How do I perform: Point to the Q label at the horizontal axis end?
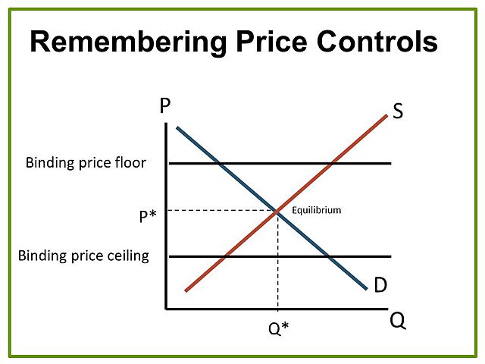(x=398, y=321)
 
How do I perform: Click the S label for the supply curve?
(x=398, y=112)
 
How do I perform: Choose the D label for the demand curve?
(x=381, y=285)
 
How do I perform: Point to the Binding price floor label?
(x=86, y=162)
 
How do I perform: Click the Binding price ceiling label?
(x=83, y=256)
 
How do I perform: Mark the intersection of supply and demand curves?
(x=278, y=211)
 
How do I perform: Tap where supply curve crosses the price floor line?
(x=331, y=163)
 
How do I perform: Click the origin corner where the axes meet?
(x=166, y=309)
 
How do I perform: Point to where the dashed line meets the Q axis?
(x=278, y=309)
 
